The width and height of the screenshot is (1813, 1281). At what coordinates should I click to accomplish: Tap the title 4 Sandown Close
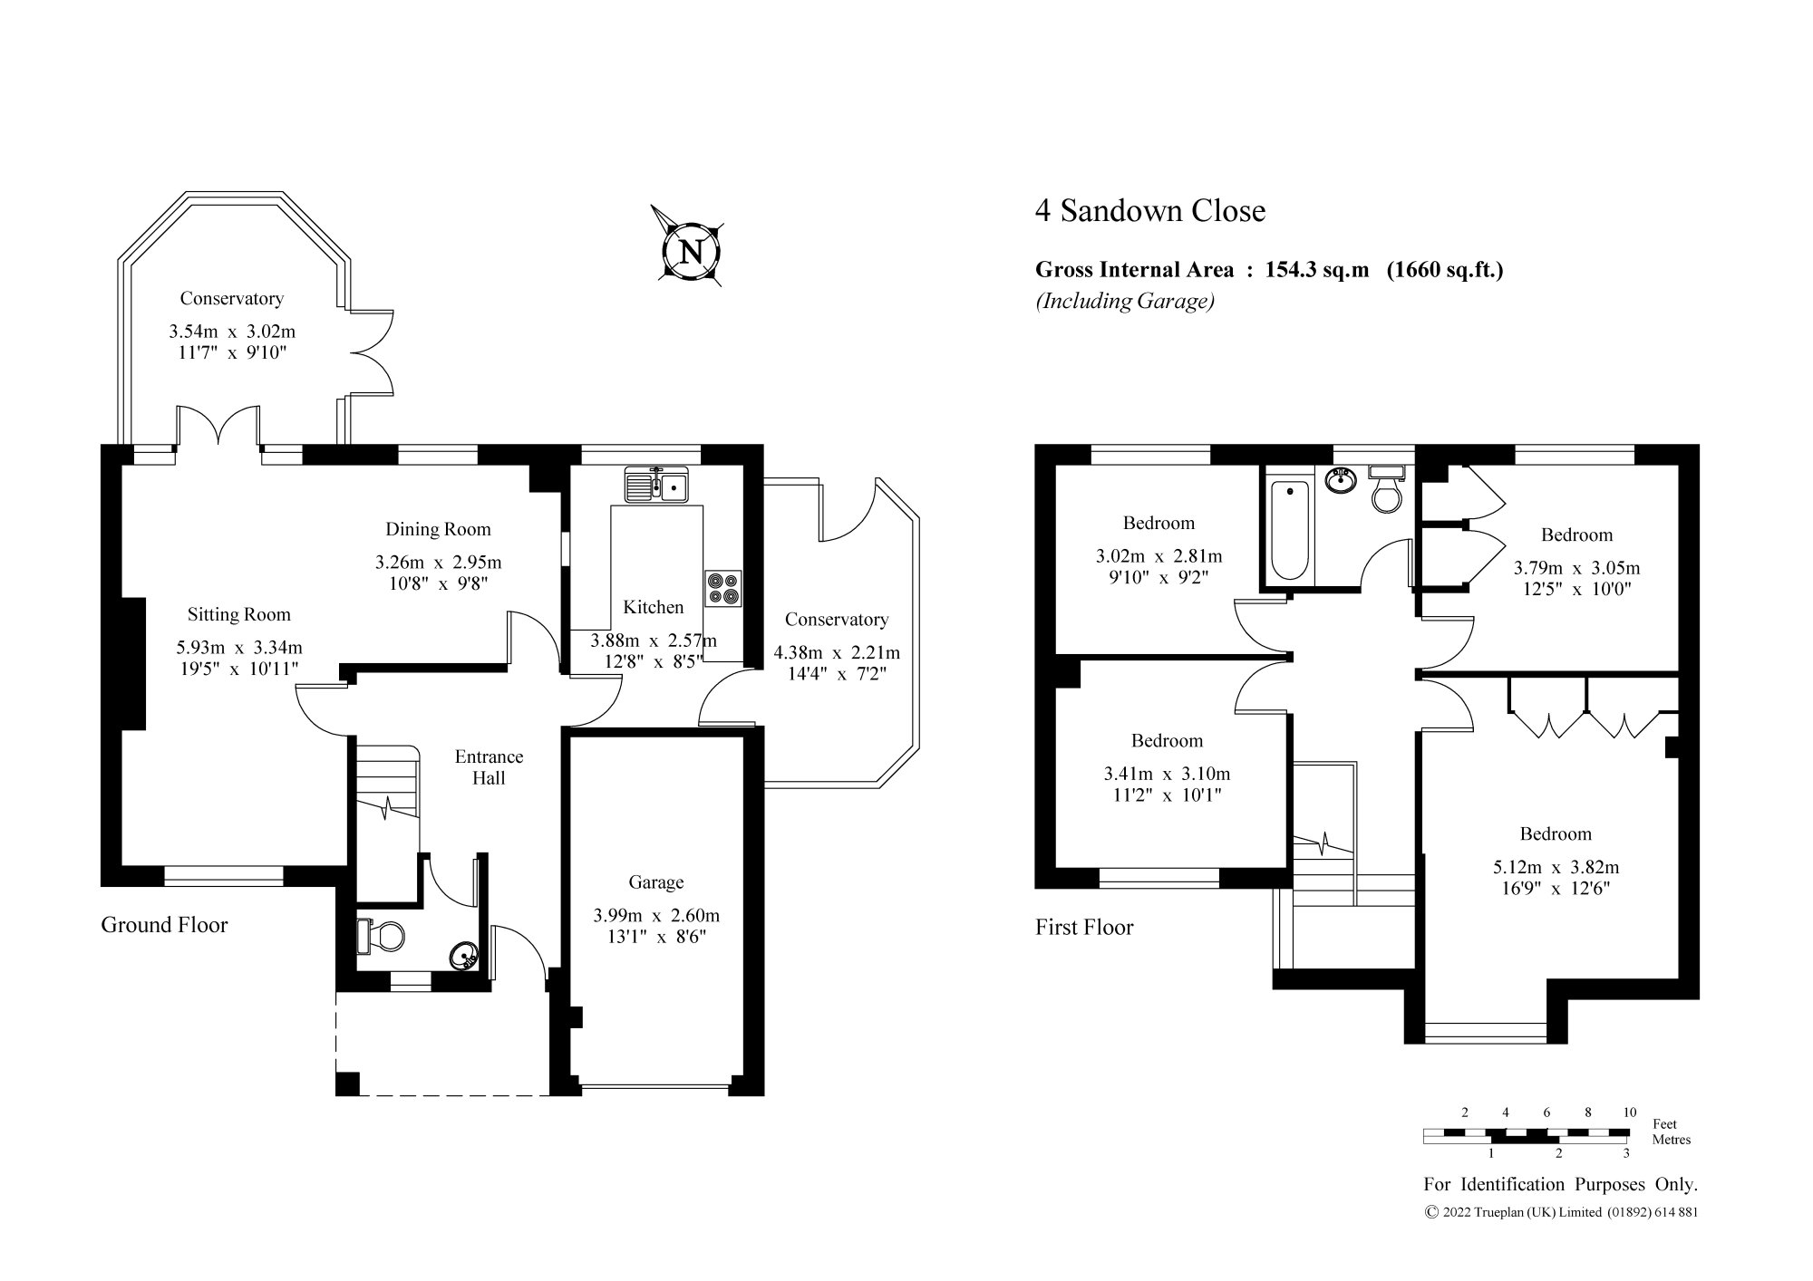tap(1149, 211)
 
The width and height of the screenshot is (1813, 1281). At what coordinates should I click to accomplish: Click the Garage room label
tap(655, 882)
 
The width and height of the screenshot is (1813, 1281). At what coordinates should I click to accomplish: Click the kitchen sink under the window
tap(656, 486)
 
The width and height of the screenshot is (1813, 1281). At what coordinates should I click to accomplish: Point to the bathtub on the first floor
tap(1289, 531)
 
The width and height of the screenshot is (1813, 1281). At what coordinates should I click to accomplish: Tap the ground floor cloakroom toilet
tap(384, 936)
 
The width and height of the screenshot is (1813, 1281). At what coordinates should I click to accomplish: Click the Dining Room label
tap(438, 529)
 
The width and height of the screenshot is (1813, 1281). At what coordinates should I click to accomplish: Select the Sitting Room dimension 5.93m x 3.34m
tap(238, 648)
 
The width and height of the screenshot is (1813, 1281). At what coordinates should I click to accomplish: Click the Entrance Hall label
tap(489, 766)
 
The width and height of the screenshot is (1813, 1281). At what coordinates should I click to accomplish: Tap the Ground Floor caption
tap(164, 925)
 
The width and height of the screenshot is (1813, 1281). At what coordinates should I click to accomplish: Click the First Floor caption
tap(1084, 928)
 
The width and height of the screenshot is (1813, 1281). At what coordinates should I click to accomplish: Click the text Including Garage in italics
tap(1125, 302)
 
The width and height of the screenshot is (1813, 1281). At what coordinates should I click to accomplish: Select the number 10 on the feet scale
tap(1629, 1112)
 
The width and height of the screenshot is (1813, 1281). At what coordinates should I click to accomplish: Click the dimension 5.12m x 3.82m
tap(1556, 867)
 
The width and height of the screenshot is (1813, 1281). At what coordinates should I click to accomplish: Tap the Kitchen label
tap(653, 607)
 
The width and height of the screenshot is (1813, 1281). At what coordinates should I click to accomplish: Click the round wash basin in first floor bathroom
tap(1340, 480)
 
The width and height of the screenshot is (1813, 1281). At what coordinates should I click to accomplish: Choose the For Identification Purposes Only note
tap(1560, 1184)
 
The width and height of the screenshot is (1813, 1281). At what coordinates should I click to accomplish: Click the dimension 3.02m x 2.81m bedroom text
tap(1159, 556)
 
